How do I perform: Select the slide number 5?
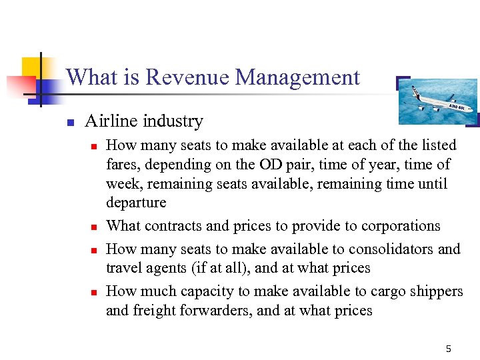pos(449,349)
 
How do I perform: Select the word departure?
pos(136,203)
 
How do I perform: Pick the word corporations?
pos(401,226)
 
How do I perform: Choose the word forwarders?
pos(214,311)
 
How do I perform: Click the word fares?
pos(120,164)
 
